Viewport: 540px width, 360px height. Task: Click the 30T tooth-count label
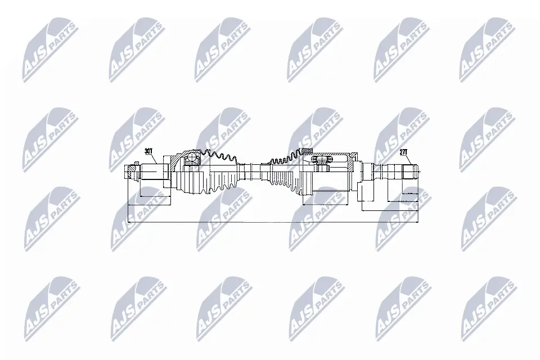[148, 151]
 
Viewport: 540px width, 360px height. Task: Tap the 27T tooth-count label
[403, 152]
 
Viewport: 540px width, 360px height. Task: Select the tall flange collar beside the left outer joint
[166, 174]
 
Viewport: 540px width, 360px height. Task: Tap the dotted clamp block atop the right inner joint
[307, 150]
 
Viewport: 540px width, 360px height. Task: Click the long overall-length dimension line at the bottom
[270, 222]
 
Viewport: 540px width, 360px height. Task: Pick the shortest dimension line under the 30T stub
[154, 196]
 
